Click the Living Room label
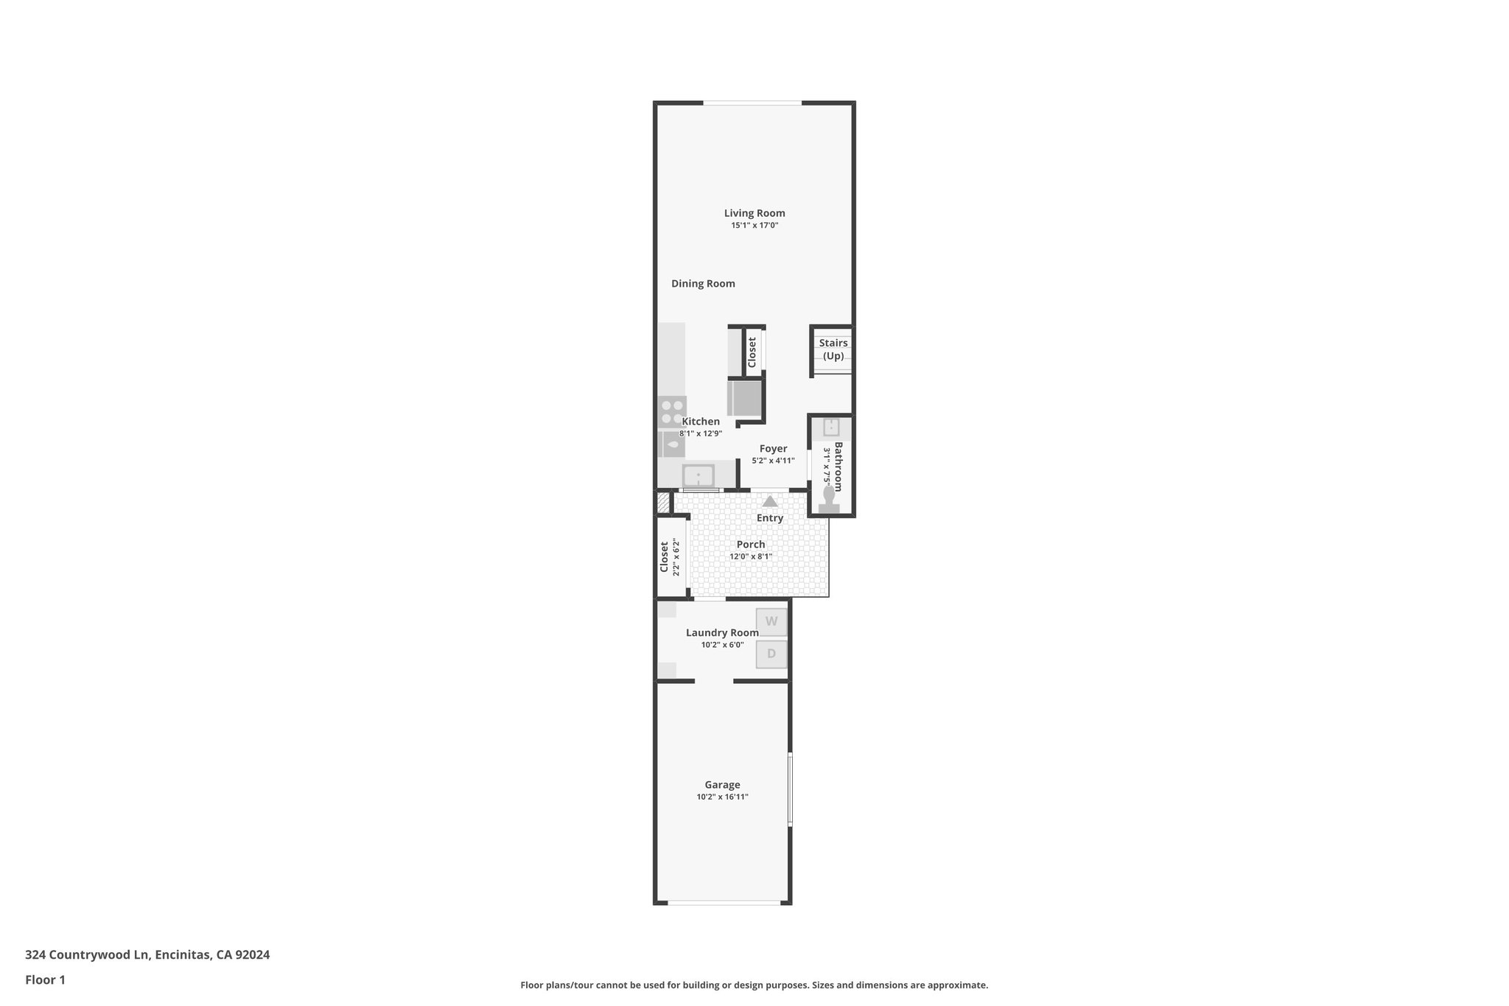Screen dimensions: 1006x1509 click(754, 214)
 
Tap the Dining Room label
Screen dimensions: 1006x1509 click(703, 284)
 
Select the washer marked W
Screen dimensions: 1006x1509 click(771, 621)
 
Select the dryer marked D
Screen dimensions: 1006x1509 click(771, 654)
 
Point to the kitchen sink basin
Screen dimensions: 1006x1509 click(698, 475)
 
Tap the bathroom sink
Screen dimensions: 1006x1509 click(831, 427)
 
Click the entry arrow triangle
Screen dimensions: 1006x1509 click(770, 501)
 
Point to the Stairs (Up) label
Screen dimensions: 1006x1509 click(833, 349)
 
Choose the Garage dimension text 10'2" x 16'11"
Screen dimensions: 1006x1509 click(722, 797)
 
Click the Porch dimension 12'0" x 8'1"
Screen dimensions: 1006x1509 click(751, 556)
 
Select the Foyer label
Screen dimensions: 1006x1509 click(773, 449)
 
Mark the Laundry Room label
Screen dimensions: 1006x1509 click(722, 633)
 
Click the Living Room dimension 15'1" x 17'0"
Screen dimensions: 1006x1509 click(754, 226)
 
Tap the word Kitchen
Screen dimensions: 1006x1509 click(701, 422)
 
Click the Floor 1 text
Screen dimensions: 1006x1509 click(45, 980)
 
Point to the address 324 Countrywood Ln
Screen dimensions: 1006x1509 click(88, 955)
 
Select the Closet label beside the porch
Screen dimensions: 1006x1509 click(664, 557)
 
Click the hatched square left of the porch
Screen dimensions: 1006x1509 click(663, 503)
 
